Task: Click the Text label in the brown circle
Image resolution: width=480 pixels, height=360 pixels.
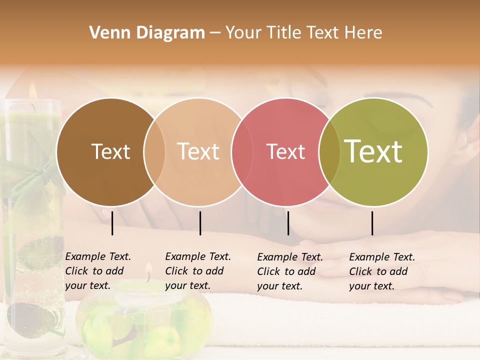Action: click(x=110, y=151)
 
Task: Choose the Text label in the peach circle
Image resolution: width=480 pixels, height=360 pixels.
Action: click(x=198, y=151)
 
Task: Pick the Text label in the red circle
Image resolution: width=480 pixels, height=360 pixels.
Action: click(x=285, y=151)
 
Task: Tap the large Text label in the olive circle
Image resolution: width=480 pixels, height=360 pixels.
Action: click(x=373, y=151)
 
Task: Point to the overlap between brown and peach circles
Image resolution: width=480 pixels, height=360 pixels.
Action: click(x=154, y=151)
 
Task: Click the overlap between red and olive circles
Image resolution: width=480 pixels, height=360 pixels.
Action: click(x=329, y=151)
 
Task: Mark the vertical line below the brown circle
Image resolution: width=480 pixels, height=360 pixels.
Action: click(x=112, y=223)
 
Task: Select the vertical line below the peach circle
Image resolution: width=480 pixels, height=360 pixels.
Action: click(x=200, y=223)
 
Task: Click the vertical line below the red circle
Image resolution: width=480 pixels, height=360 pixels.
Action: click(x=288, y=223)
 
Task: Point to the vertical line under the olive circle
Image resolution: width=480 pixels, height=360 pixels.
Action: click(x=372, y=223)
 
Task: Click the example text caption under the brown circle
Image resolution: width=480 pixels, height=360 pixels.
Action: click(x=98, y=271)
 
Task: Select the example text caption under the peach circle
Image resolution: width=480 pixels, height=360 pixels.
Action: click(x=198, y=271)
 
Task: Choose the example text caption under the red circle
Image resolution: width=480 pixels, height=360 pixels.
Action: click(x=290, y=271)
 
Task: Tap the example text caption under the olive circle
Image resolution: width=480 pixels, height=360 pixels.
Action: click(x=382, y=271)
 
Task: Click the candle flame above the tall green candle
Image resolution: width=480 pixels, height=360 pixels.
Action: click(x=32, y=90)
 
